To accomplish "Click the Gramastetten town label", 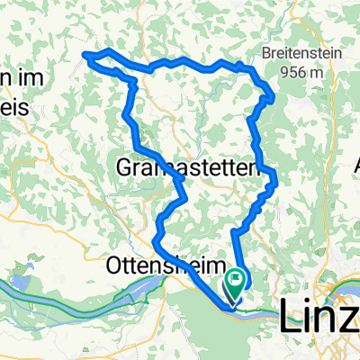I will click(x=188, y=168).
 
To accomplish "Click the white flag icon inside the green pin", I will click(x=238, y=281).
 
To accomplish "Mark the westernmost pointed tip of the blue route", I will click(x=86, y=56).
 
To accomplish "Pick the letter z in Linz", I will click(x=350, y=316).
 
